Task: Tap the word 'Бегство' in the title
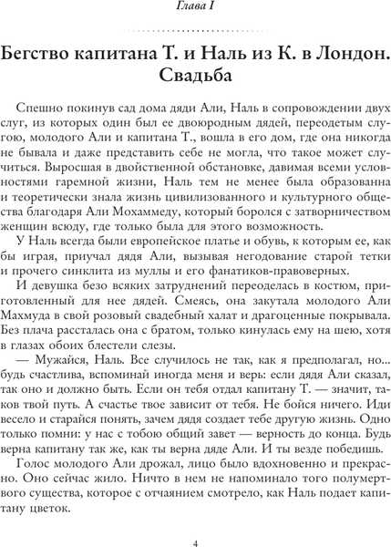(58, 48)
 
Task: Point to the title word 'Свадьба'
(195, 72)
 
